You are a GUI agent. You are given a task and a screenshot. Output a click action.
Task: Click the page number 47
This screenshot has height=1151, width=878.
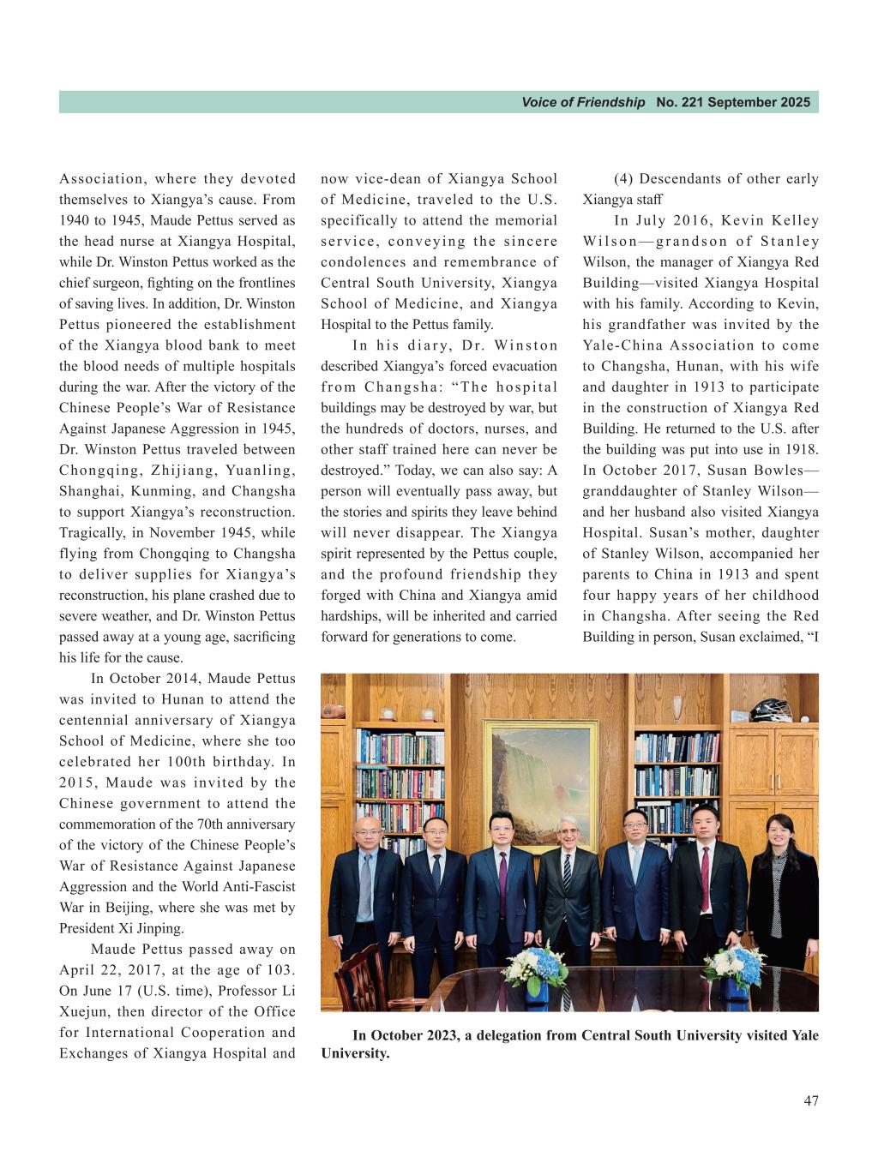click(810, 1101)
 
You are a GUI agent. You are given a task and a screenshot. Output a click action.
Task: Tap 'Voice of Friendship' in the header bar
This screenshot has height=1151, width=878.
click(583, 103)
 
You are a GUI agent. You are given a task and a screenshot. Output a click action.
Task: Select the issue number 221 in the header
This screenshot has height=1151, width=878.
click(692, 103)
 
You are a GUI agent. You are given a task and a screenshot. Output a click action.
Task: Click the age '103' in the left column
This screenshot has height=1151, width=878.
click(280, 970)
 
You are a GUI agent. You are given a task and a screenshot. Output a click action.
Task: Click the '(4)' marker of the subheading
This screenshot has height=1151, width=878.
click(623, 179)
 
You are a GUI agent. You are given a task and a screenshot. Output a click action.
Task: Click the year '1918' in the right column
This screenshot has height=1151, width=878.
click(801, 450)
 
